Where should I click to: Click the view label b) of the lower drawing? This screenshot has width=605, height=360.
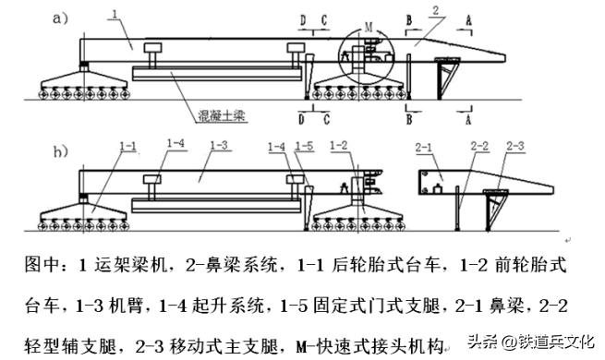click(59, 150)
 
